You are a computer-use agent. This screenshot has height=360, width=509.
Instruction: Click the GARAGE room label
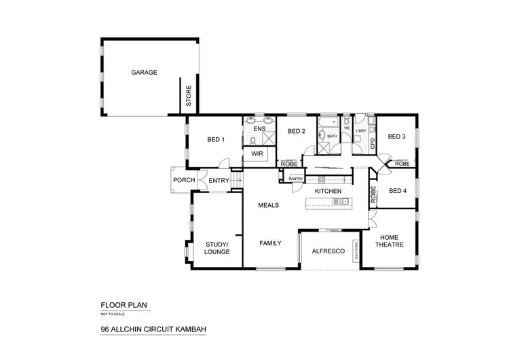tap(145, 71)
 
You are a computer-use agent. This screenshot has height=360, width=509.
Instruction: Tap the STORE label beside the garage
tap(189, 96)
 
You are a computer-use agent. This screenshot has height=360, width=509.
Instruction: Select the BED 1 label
tap(216, 139)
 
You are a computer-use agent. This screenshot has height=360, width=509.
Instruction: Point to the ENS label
tap(259, 128)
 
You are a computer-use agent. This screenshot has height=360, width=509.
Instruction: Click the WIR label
tap(257, 154)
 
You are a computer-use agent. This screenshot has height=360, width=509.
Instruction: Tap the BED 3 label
tap(396, 137)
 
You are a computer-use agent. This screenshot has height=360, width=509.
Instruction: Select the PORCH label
tap(185, 180)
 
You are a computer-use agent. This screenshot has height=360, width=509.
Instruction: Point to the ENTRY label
tap(219, 180)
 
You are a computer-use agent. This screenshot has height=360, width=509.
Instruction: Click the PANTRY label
tap(296, 179)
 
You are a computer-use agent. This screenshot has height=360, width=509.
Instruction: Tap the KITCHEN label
tap(327, 192)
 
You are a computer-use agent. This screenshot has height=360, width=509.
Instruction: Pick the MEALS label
tap(269, 204)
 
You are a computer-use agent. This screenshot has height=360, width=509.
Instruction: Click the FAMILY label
tap(270, 242)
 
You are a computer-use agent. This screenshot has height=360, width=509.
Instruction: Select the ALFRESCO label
tap(328, 251)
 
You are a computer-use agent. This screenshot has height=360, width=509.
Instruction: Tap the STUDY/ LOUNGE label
tap(217, 248)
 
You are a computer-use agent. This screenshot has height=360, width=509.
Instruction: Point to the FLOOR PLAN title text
tap(122, 306)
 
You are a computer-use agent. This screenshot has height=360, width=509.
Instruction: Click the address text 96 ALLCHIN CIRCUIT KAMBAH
tap(153, 331)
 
